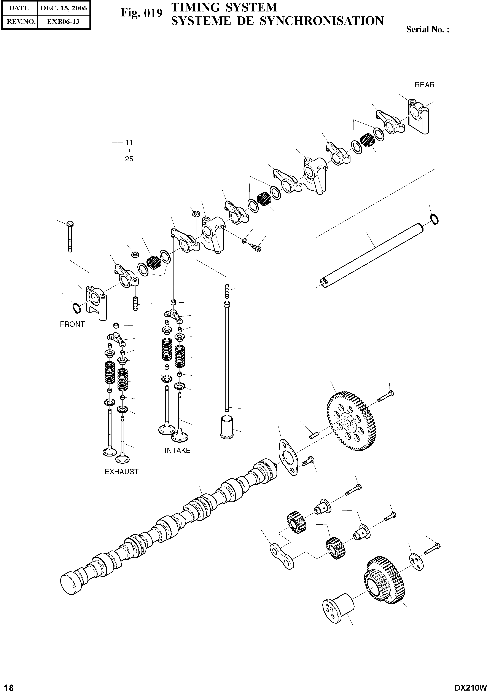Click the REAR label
click(x=424, y=85)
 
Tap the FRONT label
click(x=72, y=324)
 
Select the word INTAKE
click(x=177, y=450)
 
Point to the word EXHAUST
click(x=121, y=472)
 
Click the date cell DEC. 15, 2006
click(x=64, y=8)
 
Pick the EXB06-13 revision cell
click(x=64, y=22)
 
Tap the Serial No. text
click(x=427, y=29)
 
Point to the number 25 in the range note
click(x=129, y=159)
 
